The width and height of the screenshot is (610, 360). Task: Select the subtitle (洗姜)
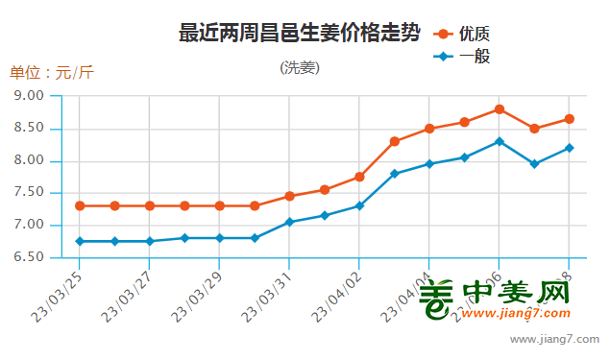pyautogui.click(x=300, y=67)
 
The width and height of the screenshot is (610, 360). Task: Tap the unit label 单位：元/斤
pyautogui.click(x=52, y=72)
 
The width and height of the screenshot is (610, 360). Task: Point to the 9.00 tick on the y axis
pyautogui.click(x=30, y=96)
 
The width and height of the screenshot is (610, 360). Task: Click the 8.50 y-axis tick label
pyautogui.click(x=30, y=128)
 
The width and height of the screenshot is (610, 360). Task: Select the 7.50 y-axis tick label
pyautogui.click(x=30, y=193)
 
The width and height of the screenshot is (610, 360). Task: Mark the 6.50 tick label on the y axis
pyautogui.click(x=30, y=257)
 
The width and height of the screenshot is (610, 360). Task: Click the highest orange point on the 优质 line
pyautogui.click(x=500, y=109)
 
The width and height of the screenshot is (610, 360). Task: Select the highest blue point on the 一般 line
pyautogui.click(x=500, y=142)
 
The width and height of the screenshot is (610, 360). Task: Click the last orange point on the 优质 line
pyautogui.click(x=569, y=119)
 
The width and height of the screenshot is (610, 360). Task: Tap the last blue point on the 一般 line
pyautogui.click(x=569, y=148)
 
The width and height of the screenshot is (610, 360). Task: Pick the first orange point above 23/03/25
pyautogui.click(x=80, y=205)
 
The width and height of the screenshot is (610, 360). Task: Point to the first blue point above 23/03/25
pyautogui.click(x=80, y=241)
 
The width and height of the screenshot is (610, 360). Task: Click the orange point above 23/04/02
pyautogui.click(x=359, y=177)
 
